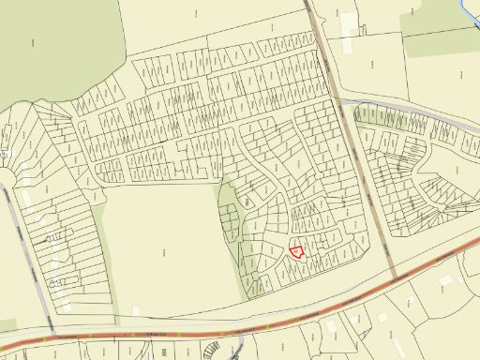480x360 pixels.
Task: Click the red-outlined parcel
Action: pyautogui.click(x=296, y=251)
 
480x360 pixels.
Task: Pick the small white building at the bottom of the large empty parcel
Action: pyautogui.click(x=136, y=309)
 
